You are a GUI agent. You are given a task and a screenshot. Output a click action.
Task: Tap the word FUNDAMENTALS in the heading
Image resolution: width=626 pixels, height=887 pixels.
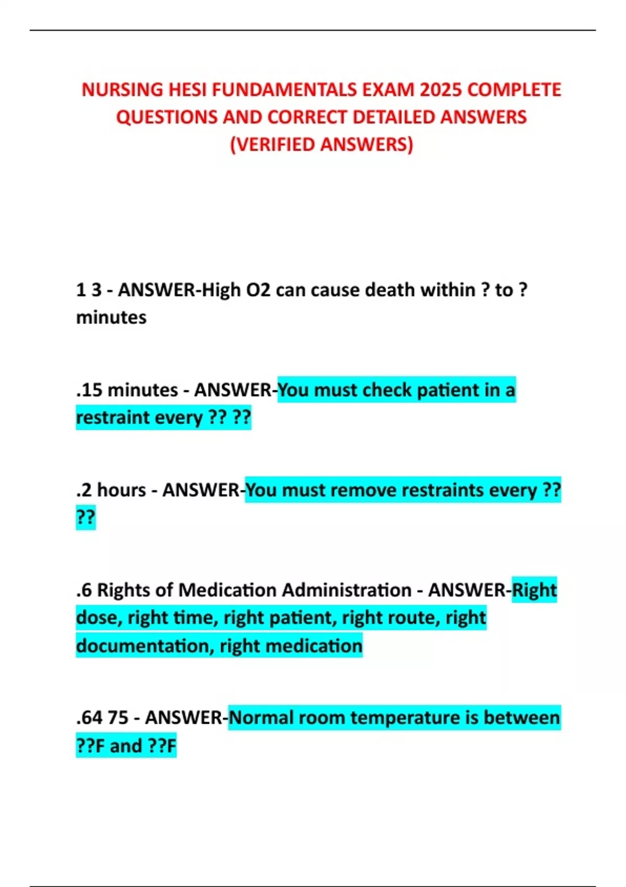284,90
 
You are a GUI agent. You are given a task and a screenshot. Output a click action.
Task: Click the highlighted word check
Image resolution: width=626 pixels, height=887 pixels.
386,390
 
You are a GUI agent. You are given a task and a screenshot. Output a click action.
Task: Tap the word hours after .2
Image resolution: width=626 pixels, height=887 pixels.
121,490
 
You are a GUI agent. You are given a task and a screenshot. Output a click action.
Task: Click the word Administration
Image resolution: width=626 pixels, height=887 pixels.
346,590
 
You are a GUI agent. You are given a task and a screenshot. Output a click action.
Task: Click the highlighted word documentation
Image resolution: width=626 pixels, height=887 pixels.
145,646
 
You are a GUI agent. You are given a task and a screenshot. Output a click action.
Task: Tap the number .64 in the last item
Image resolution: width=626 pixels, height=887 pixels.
89,717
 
